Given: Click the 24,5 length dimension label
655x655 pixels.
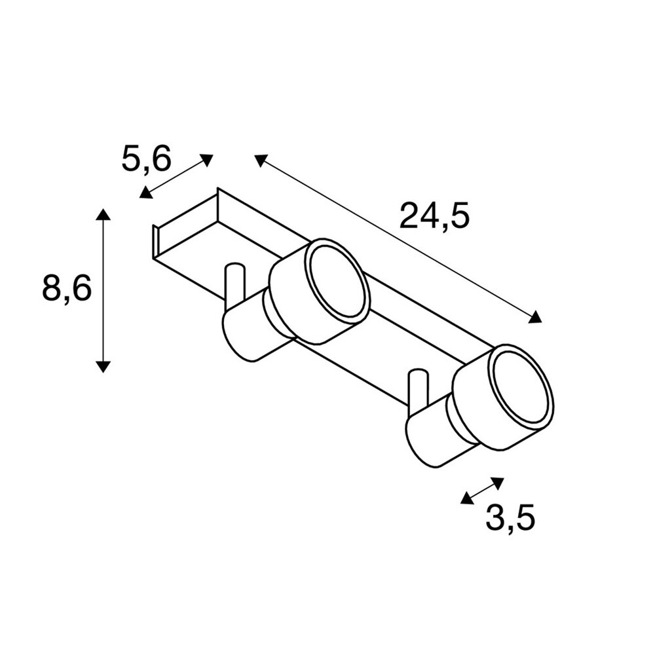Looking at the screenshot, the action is (434, 215).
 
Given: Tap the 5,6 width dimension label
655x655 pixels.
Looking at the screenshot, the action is (147, 159).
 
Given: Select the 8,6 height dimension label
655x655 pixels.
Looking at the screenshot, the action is (67, 289).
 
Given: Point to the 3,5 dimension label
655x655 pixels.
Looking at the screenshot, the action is (510, 518).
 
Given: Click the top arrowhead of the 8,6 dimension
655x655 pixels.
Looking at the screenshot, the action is (103, 214).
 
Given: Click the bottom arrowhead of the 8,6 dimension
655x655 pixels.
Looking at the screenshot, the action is (103, 367).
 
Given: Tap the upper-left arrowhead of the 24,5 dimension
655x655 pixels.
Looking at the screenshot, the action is (261, 160).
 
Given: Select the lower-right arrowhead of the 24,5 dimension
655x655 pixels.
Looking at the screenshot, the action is (535, 318).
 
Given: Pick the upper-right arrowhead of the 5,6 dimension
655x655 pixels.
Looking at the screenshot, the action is (207, 160).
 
